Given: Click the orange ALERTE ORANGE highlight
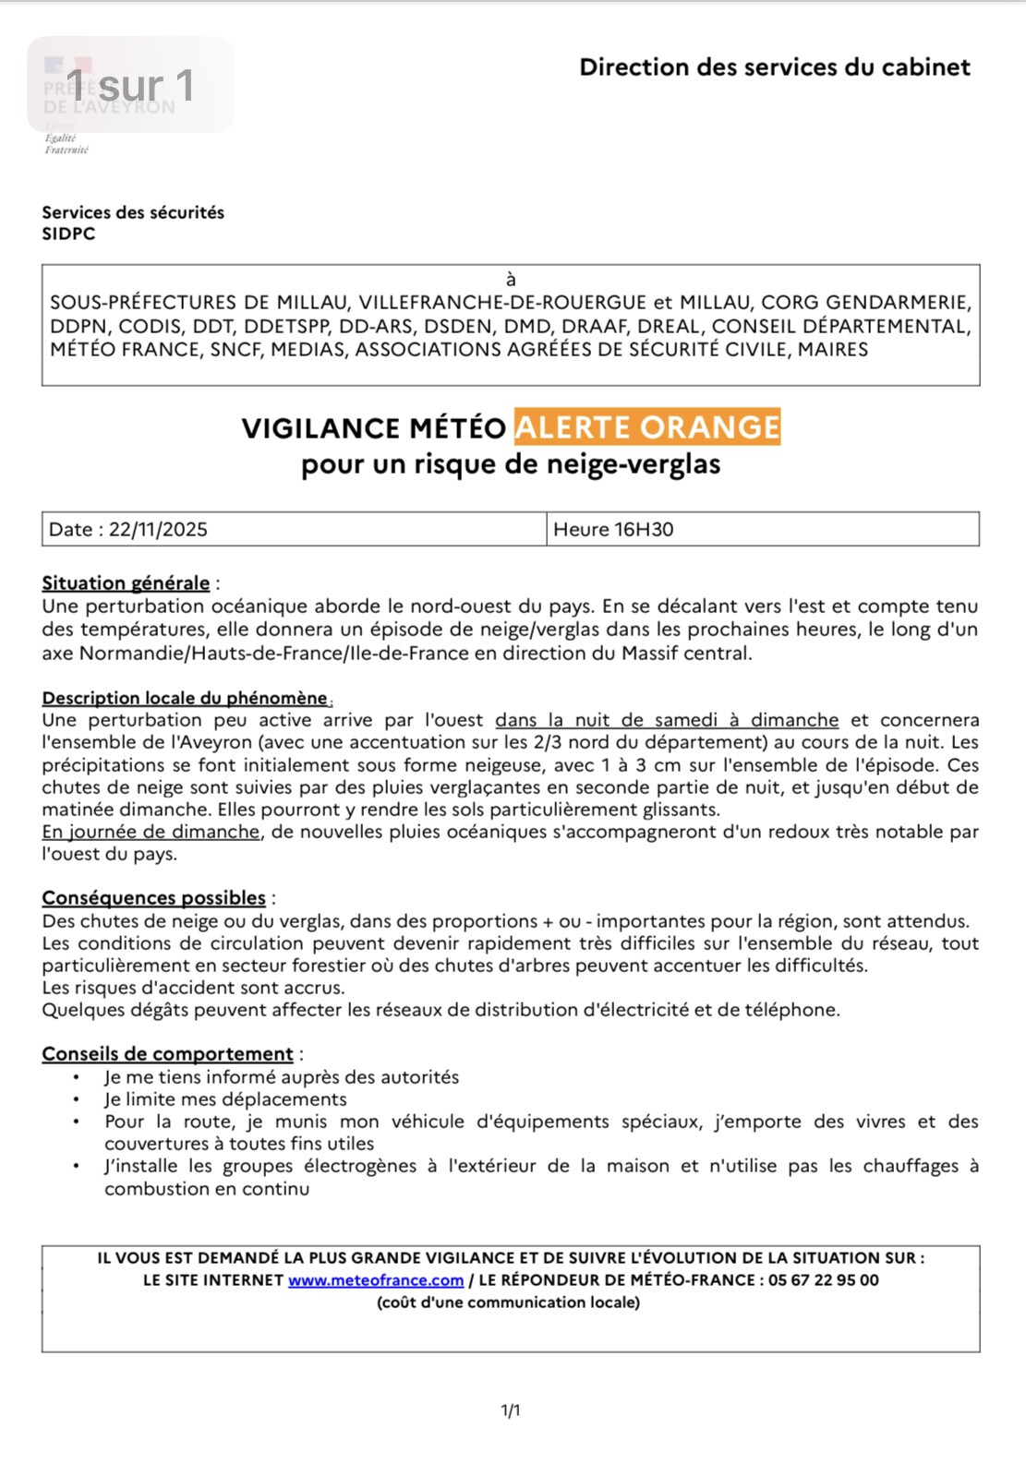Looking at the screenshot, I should (647, 427).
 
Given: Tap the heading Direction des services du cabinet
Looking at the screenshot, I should (775, 67).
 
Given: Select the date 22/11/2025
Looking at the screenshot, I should (158, 530).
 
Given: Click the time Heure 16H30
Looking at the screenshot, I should (613, 530).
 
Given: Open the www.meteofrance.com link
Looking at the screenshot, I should (376, 1280).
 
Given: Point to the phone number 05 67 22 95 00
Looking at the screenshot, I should (823, 1280).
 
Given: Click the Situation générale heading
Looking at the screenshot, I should (126, 583).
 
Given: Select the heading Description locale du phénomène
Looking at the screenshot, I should (185, 698).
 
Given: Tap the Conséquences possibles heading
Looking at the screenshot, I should (153, 898).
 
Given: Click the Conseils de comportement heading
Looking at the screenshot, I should (167, 1054).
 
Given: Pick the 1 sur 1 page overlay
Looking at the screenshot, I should (130, 86).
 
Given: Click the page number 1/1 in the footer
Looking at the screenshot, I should (511, 1410).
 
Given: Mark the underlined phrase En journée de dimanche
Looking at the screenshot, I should (151, 832).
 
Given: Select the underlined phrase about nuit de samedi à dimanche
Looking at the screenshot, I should (667, 720).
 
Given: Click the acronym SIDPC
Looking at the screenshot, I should (68, 234).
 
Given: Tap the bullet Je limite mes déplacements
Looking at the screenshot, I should (225, 1099).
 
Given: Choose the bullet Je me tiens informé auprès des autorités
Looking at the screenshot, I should (282, 1077).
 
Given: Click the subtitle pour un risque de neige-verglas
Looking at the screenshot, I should (511, 464).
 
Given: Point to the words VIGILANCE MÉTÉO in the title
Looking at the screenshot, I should (373, 428).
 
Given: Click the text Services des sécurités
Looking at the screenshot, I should (133, 212).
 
